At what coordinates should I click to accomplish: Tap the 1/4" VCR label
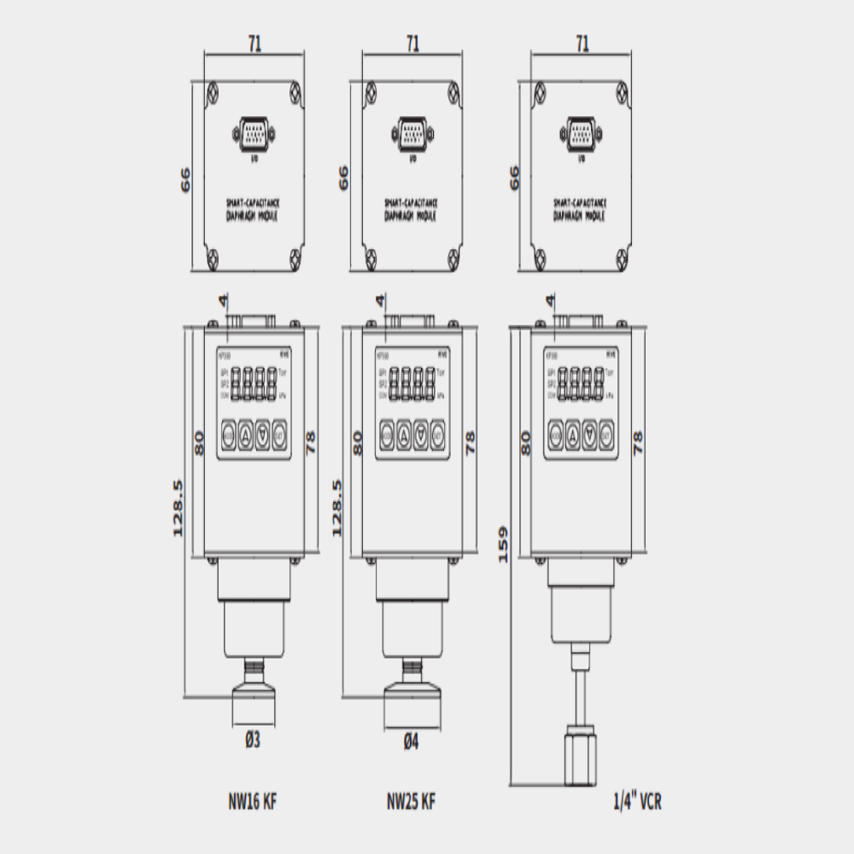point(638,803)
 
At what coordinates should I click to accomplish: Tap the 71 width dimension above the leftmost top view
point(254,43)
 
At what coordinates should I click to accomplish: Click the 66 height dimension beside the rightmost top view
point(514,178)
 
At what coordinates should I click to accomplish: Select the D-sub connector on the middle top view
point(412,134)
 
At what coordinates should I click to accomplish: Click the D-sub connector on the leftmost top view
point(254,134)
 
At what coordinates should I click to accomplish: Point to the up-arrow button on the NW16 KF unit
point(245,435)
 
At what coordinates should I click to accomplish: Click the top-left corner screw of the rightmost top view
point(540,89)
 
